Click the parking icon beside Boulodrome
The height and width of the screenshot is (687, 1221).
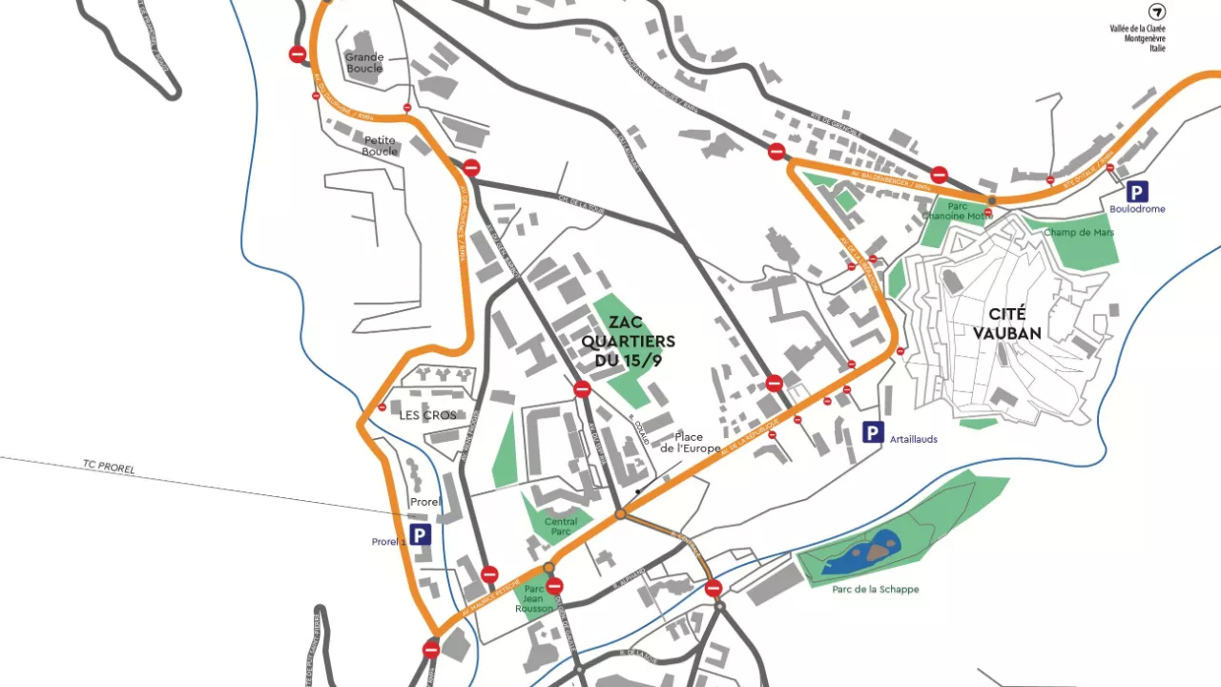[1137, 192]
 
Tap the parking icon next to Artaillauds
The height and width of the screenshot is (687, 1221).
[873, 433]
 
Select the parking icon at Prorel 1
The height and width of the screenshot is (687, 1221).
[421, 535]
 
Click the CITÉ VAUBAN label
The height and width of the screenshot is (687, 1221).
[1014, 323]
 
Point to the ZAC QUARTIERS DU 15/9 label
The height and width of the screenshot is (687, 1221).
[628, 341]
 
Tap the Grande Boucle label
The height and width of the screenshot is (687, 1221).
[364, 63]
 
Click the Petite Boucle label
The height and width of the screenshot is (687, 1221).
[380, 146]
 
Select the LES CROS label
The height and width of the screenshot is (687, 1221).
[427, 415]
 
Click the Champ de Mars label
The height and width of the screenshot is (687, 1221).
[1079, 232]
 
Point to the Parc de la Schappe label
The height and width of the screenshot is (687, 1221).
[875, 589]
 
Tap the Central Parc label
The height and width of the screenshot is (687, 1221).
[561, 526]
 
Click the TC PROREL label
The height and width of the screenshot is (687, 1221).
[109, 467]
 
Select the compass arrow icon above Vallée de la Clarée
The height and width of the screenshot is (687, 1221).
[1156, 12]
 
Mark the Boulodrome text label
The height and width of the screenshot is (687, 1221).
[1137, 209]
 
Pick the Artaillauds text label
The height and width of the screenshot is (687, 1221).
[913, 439]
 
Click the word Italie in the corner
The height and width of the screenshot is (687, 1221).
[1156, 48]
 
